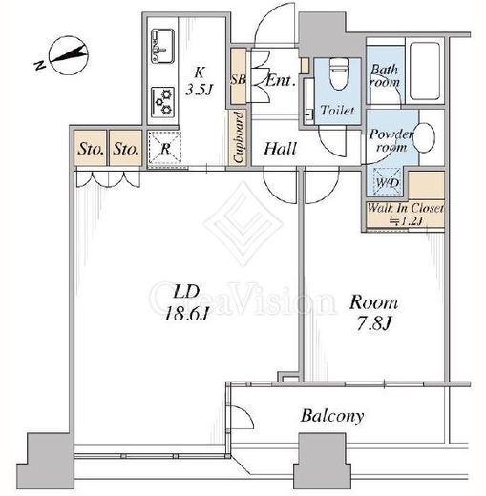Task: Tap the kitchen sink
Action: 162,46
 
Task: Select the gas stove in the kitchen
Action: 162,102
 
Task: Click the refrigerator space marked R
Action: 165,148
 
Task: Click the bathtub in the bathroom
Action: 425,72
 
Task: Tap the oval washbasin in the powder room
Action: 424,138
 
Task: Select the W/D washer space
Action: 387,181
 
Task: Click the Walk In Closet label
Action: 405,208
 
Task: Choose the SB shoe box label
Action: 238,79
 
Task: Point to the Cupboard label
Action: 239,137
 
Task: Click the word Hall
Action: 281,149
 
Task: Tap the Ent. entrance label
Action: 280,81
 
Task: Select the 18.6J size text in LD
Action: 186,314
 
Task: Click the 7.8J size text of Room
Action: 373,324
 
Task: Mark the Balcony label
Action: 332,416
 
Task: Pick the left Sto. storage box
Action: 91,148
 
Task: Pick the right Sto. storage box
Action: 126,148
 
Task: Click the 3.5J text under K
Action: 200,90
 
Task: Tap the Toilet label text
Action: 337,110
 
